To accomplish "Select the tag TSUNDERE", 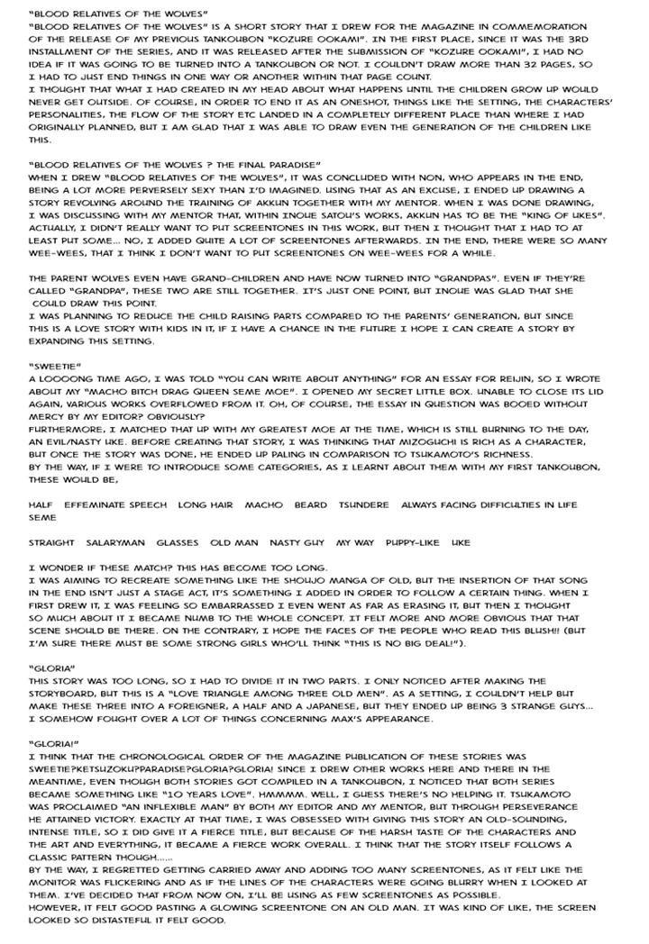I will click(x=364, y=504).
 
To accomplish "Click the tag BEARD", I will click(x=310, y=504).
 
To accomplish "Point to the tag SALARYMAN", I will click(x=115, y=542).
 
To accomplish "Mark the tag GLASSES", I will click(x=178, y=542).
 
